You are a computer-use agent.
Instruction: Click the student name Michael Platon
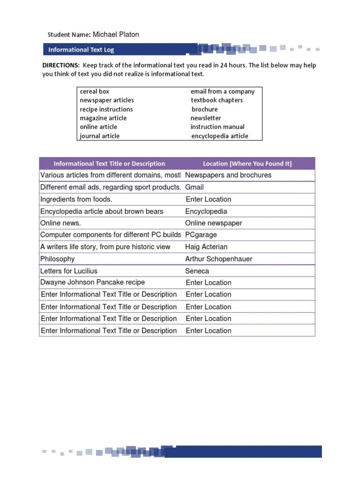[116, 35]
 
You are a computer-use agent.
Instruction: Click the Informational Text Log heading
[81, 50]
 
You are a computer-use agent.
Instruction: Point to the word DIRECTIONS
[61, 66]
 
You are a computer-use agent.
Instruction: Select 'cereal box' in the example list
[94, 91]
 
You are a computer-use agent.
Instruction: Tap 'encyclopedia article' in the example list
[220, 136]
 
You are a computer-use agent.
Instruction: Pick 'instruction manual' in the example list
[217, 127]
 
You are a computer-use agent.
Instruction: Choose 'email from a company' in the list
[223, 91]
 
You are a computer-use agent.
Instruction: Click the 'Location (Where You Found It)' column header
[247, 164]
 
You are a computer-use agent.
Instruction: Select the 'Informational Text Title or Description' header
[109, 164]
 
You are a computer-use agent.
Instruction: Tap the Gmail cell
[195, 187]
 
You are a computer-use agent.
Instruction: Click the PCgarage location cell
[201, 235]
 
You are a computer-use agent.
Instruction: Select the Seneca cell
[197, 271]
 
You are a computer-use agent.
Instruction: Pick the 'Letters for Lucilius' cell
[69, 271]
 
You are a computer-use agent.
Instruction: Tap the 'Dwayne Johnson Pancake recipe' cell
[93, 283]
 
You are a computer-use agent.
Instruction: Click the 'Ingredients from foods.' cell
[76, 199]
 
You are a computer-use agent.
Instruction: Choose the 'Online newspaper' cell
[214, 223]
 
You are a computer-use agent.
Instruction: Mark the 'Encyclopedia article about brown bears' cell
[102, 211]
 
